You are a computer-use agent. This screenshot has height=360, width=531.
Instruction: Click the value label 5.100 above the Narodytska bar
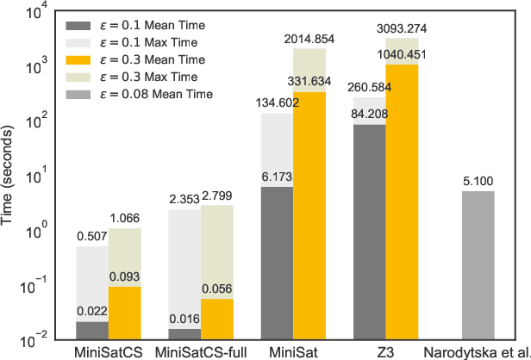(478, 182)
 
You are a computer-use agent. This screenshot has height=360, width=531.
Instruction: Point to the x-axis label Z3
(385, 351)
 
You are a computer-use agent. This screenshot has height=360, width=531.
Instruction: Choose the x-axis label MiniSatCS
(109, 351)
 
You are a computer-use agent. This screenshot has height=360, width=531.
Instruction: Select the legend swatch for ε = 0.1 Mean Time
(84, 23)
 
